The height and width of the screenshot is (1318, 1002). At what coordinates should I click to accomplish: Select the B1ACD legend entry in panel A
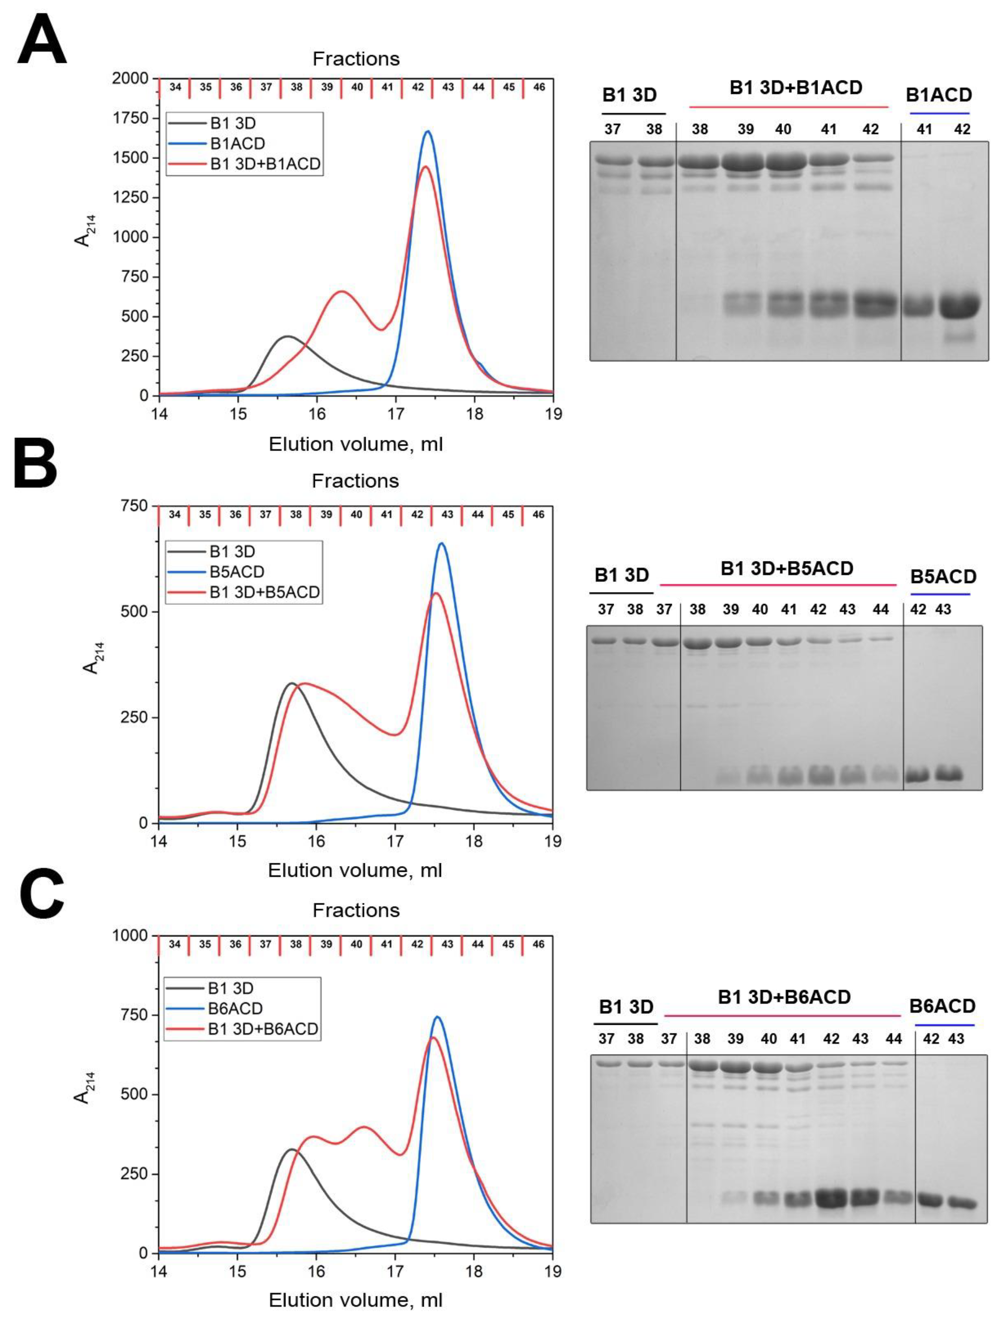click(x=238, y=144)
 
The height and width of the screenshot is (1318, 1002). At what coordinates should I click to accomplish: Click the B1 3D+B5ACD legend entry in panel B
click(x=264, y=592)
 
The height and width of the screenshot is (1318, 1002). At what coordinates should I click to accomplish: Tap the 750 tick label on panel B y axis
click(x=134, y=506)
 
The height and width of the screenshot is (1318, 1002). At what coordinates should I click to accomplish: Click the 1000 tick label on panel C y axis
click(x=130, y=936)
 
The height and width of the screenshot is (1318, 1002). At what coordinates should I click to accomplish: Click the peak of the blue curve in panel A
click(x=427, y=132)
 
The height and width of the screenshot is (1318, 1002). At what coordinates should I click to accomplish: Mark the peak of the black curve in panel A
click(x=288, y=337)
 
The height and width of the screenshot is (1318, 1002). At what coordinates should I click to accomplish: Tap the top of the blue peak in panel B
click(x=441, y=543)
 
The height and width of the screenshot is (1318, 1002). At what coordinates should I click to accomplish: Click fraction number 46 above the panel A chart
click(x=539, y=87)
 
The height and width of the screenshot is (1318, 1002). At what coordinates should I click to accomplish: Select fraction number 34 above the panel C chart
click(x=174, y=944)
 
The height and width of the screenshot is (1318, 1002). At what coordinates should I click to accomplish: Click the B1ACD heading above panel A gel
click(x=939, y=95)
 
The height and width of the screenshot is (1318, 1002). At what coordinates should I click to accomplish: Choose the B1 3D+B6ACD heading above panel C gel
click(x=784, y=997)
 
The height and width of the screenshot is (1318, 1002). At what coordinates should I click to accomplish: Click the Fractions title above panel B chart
click(x=355, y=481)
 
